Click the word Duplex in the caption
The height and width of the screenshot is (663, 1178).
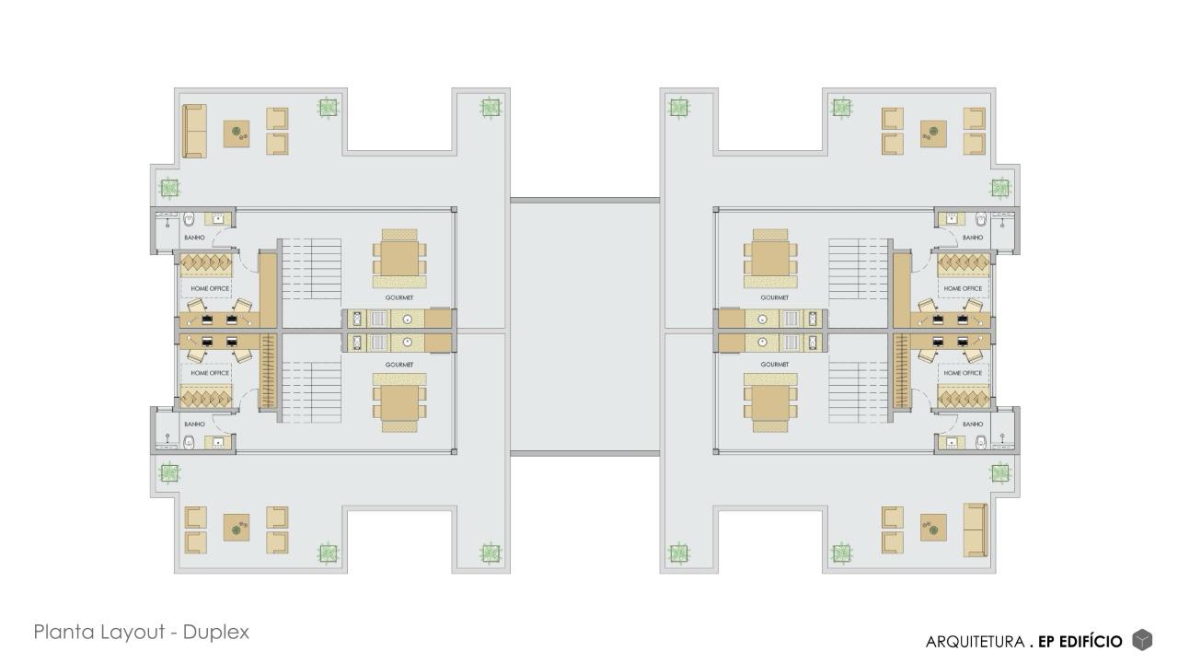click(x=215, y=632)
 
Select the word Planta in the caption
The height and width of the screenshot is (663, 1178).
click(x=64, y=632)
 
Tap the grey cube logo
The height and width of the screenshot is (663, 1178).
click(x=1142, y=640)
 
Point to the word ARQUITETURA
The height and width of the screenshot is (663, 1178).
click(x=975, y=642)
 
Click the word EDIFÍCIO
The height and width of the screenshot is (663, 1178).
click(x=1091, y=642)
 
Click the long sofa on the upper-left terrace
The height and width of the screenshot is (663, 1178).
click(x=194, y=131)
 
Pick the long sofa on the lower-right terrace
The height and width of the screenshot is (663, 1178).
click(x=976, y=529)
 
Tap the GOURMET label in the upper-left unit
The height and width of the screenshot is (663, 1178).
click(x=399, y=297)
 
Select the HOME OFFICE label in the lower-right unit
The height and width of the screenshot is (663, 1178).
click(x=963, y=373)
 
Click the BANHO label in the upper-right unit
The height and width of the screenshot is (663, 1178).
click(x=973, y=238)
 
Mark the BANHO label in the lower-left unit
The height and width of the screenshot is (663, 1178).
click(x=194, y=425)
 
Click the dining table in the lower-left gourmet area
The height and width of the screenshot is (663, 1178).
click(x=399, y=403)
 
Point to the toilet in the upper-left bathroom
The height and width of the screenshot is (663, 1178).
click(x=189, y=219)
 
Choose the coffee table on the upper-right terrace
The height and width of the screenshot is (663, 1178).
click(x=933, y=134)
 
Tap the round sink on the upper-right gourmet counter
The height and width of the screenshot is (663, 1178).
click(x=763, y=319)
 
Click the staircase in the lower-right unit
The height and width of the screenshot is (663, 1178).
click(x=859, y=392)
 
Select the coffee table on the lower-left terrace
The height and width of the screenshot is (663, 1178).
click(x=237, y=528)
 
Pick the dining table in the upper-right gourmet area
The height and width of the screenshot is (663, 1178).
click(x=770, y=259)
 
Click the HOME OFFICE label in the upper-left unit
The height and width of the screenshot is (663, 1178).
click(x=210, y=289)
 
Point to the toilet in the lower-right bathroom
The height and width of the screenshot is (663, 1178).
click(x=981, y=443)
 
